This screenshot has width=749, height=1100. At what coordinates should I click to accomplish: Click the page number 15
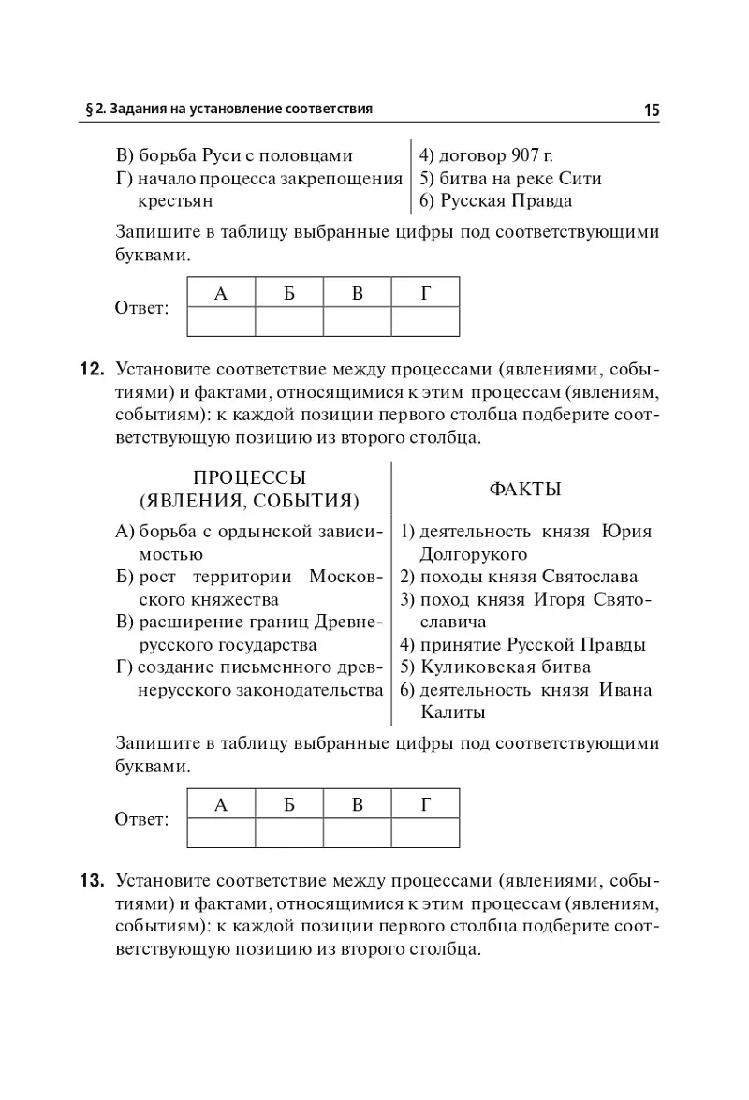coord(652,110)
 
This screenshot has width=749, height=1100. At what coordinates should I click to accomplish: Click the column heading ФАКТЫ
coord(525,489)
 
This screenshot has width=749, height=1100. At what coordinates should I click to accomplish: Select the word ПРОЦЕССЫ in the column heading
coord(250,477)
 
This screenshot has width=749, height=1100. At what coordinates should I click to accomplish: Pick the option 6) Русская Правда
coord(495,200)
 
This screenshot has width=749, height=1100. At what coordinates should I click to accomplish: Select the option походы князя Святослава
coord(529,577)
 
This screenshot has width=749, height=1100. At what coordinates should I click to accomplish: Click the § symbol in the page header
coord(88,110)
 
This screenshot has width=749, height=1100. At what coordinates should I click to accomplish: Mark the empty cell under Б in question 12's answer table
coord(289,831)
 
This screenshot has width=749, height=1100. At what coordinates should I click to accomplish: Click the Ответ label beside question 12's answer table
coord(141,820)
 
